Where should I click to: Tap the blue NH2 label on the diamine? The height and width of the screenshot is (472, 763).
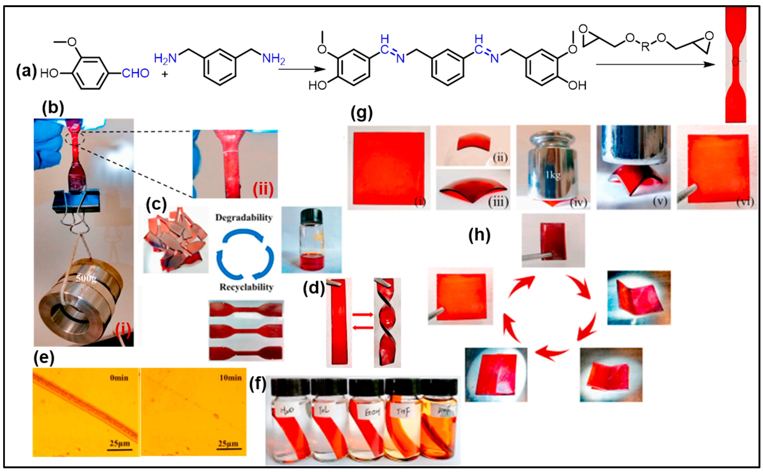point(273,58)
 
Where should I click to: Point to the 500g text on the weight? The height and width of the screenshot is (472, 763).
point(86,278)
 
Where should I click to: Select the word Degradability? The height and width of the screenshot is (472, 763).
point(244,218)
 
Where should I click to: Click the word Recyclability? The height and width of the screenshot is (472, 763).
point(246,287)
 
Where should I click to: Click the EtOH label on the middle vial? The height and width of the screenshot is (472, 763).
point(372,412)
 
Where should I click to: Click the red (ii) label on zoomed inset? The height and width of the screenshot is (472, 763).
point(263,189)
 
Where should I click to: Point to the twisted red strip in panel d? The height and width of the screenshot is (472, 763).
point(387,323)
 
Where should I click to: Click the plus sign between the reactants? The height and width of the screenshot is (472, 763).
point(164,74)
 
